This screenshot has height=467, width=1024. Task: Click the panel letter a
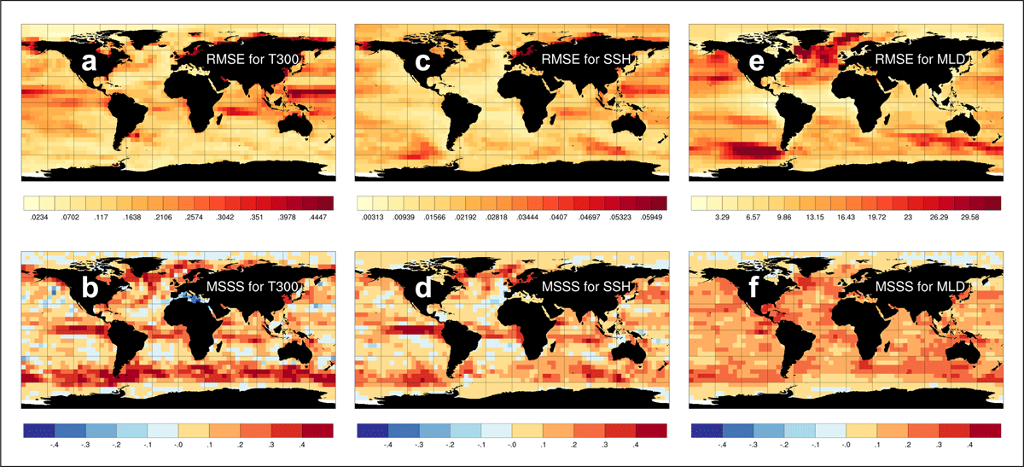tap(89, 61)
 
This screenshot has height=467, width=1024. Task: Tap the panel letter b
tap(90, 288)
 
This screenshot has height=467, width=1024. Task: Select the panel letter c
tap(422, 61)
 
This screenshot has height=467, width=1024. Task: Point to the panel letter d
tap(423, 288)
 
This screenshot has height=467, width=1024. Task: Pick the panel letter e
tap(757, 61)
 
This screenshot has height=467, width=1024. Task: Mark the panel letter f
tap(753, 287)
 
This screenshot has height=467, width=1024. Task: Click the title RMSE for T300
tap(253, 59)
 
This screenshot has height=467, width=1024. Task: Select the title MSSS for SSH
tap(586, 286)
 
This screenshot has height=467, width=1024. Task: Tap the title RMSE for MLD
tap(920, 59)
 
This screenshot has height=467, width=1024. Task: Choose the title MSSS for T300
tap(253, 286)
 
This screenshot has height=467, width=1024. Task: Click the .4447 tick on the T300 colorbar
tap(318, 217)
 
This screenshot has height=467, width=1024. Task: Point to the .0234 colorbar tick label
tap(39, 217)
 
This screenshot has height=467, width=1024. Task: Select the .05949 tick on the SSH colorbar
tap(651, 217)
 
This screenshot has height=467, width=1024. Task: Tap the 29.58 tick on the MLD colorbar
tap(969, 217)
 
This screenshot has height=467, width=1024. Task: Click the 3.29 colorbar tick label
tap(722, 217)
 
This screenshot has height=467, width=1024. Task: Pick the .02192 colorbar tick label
tap(465, 217)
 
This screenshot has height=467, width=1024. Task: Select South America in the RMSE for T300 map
tap(126, 114)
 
